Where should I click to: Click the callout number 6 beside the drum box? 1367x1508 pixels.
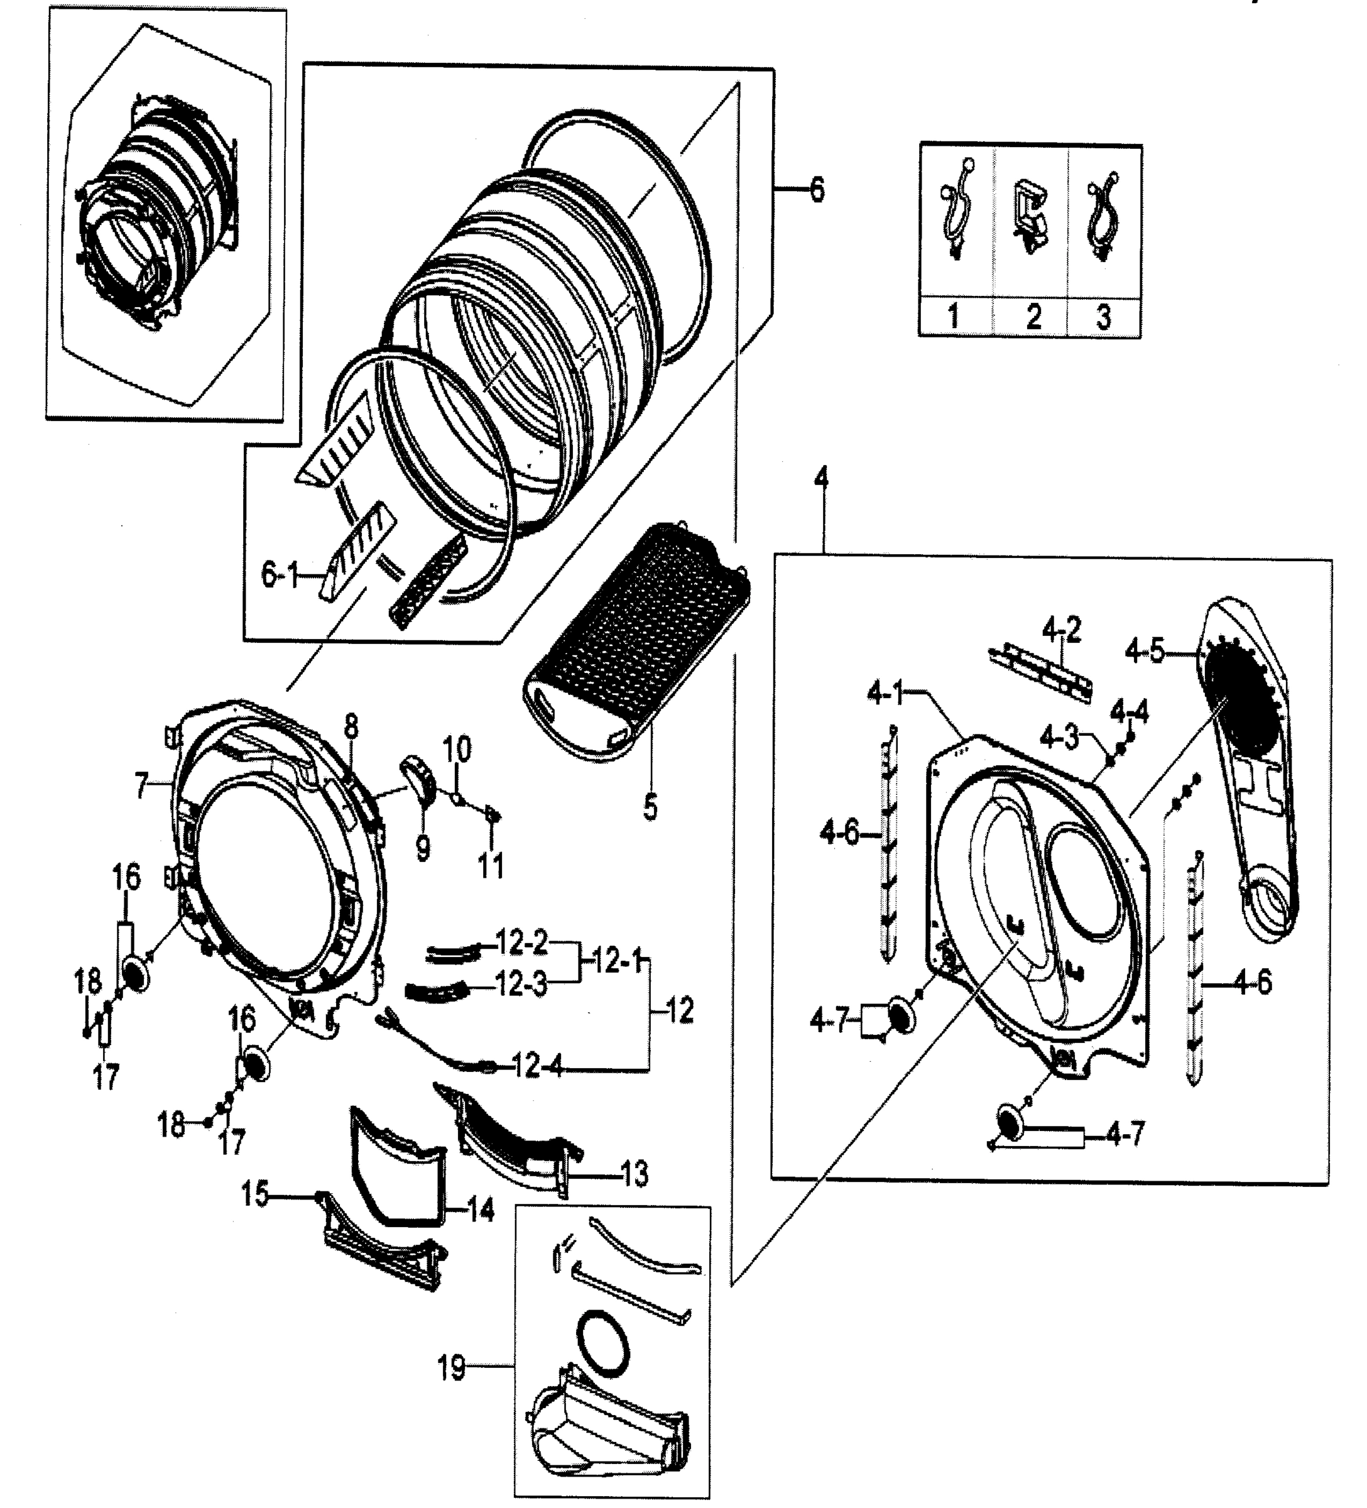click(817, 190)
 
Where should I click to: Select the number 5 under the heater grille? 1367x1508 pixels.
click(650, 807)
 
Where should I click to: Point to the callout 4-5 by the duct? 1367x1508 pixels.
click(1144, 653)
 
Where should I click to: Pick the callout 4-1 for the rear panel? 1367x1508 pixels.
click(885, 695)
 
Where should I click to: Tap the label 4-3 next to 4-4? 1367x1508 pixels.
click(1059, 738)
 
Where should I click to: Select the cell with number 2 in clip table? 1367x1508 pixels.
click(1033, 317)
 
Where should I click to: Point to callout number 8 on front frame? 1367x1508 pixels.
click(351, 725)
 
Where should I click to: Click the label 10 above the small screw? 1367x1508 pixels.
click(457, 747)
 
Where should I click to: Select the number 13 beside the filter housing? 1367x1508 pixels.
click(633, 1175)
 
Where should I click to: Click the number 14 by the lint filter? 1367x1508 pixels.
click(481, 1210)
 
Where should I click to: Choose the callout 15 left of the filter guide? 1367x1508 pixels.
click(254, 1194)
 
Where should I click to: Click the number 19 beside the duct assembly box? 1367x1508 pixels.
click(451, 1368)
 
